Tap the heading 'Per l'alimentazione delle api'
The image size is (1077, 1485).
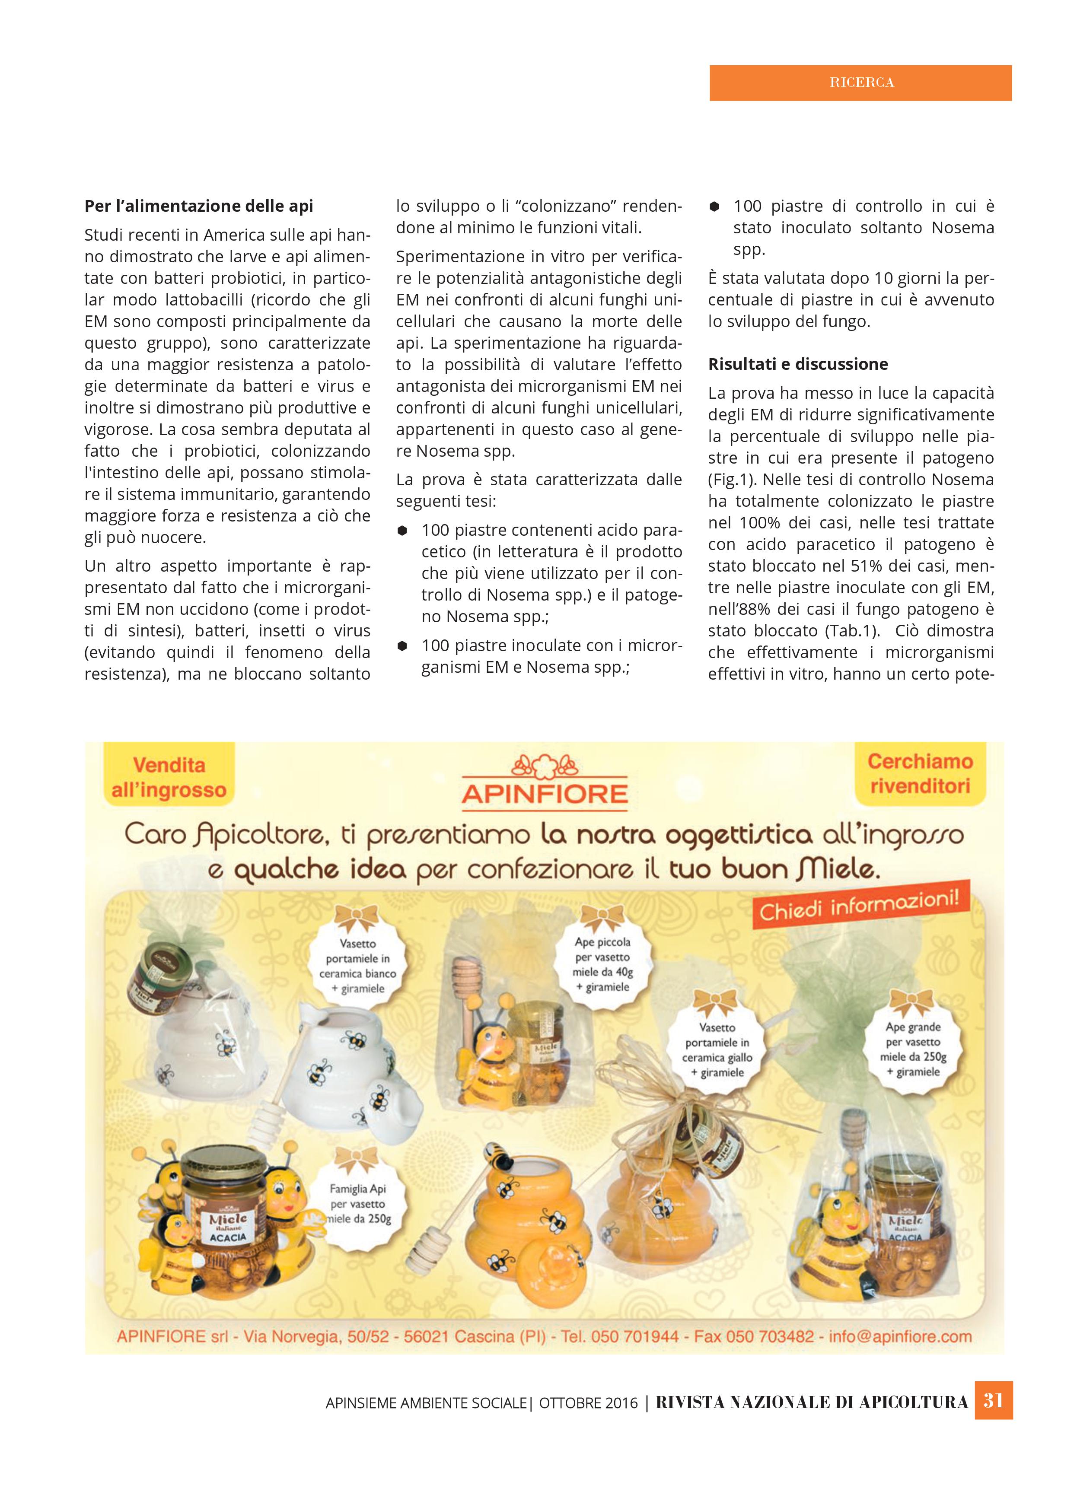198,206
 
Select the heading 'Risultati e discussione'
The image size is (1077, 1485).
797,364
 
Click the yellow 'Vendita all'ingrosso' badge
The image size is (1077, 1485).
169,778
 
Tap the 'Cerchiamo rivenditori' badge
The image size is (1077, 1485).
920,774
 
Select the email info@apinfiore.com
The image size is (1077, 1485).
900,1336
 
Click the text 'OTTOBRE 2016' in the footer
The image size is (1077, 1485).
588,1402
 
